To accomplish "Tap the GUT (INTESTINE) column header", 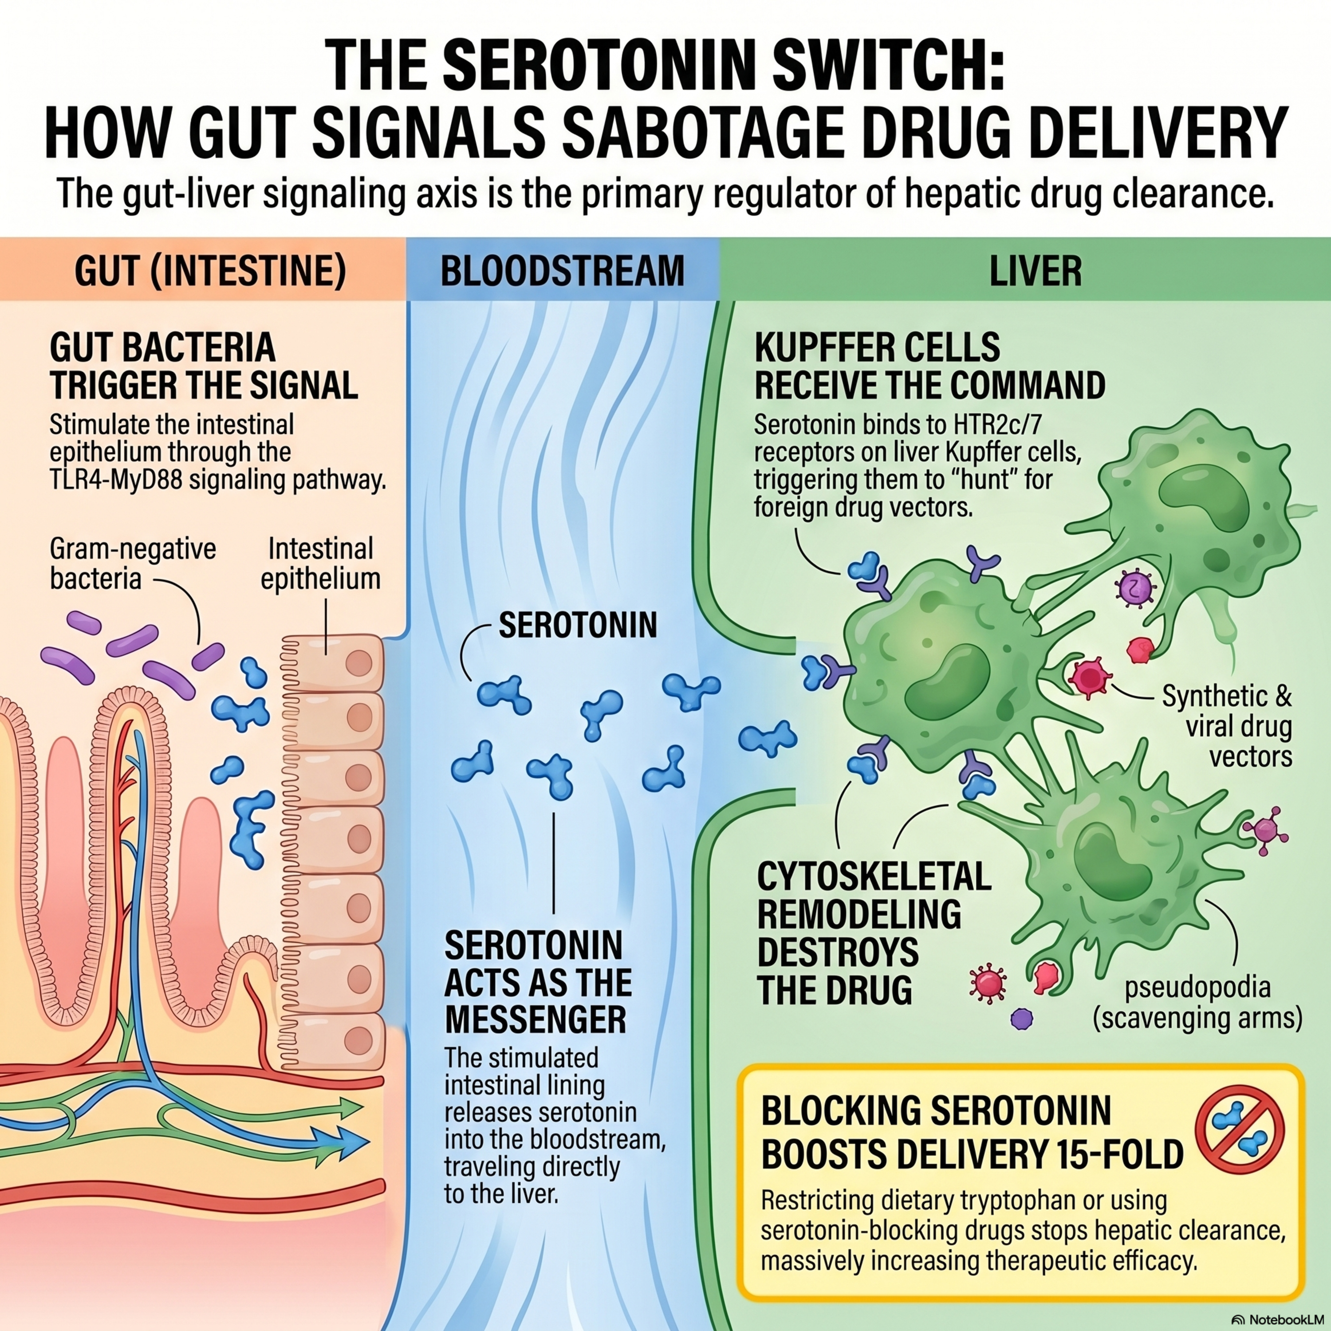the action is (210, 271).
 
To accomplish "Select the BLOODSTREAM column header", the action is (562, 271).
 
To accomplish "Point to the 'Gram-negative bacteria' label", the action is (133, 563).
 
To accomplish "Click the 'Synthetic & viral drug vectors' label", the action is (1226, 726).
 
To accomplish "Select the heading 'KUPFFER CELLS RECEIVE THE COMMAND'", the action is (930, 366).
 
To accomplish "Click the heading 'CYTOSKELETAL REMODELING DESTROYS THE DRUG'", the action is (874, 934).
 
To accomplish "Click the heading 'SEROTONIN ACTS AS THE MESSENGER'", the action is (537, 982).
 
